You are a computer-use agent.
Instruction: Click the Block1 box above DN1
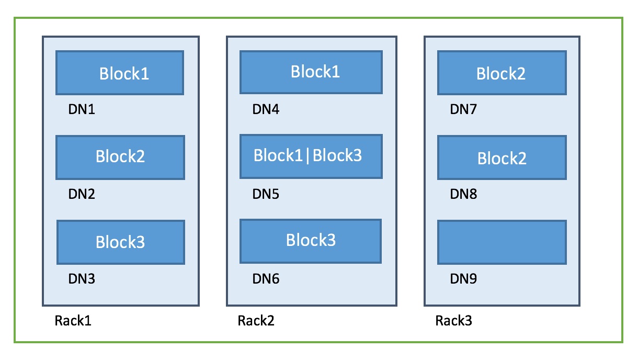120,73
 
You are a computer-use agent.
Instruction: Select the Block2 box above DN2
120,157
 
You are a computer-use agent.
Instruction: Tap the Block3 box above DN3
121,242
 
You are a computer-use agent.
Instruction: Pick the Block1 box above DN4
311,72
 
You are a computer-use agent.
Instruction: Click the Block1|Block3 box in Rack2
311,156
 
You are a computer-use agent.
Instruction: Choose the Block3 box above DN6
311,241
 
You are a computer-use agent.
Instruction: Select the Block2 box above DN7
502,73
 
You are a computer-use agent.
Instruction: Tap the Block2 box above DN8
502,157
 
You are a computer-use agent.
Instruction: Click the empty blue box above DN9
502,242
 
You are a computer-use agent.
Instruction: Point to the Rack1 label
73,321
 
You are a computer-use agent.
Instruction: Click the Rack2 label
256,321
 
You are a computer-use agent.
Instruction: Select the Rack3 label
453,321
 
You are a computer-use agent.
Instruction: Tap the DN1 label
82,110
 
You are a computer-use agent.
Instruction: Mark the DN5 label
266,195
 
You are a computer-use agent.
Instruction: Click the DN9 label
463,279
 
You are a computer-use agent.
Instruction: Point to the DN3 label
82,279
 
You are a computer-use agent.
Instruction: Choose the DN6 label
266,279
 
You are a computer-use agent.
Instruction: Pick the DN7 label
463,110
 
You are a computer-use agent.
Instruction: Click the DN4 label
266,110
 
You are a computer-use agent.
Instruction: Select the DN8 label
463,195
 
